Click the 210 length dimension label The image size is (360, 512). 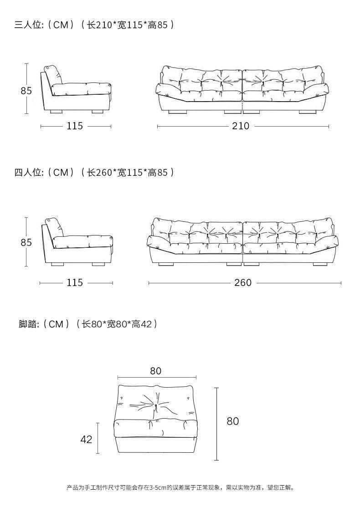pyautogui.click(x=241, y=126)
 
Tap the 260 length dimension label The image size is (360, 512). pyautogui.click(x=243, y=282)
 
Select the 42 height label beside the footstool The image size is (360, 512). pyautogui.click(x=86, y=439)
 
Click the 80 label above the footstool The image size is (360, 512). pyautogui.click(x=156, y=371)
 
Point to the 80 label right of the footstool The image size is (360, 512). pyautogui.click(x=232, y=421)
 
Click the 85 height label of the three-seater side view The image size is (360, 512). pyautogui.click(x=26, y=91)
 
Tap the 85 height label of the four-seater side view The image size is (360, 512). pyautogui.click(x=26, y=242)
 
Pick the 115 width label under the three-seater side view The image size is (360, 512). pyautogui.click(x=75, y=126)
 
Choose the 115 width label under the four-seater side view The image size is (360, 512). pyautogui.click(x=75, y=282)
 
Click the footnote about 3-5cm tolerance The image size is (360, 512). pyautogui.click(x=180, y=488)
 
